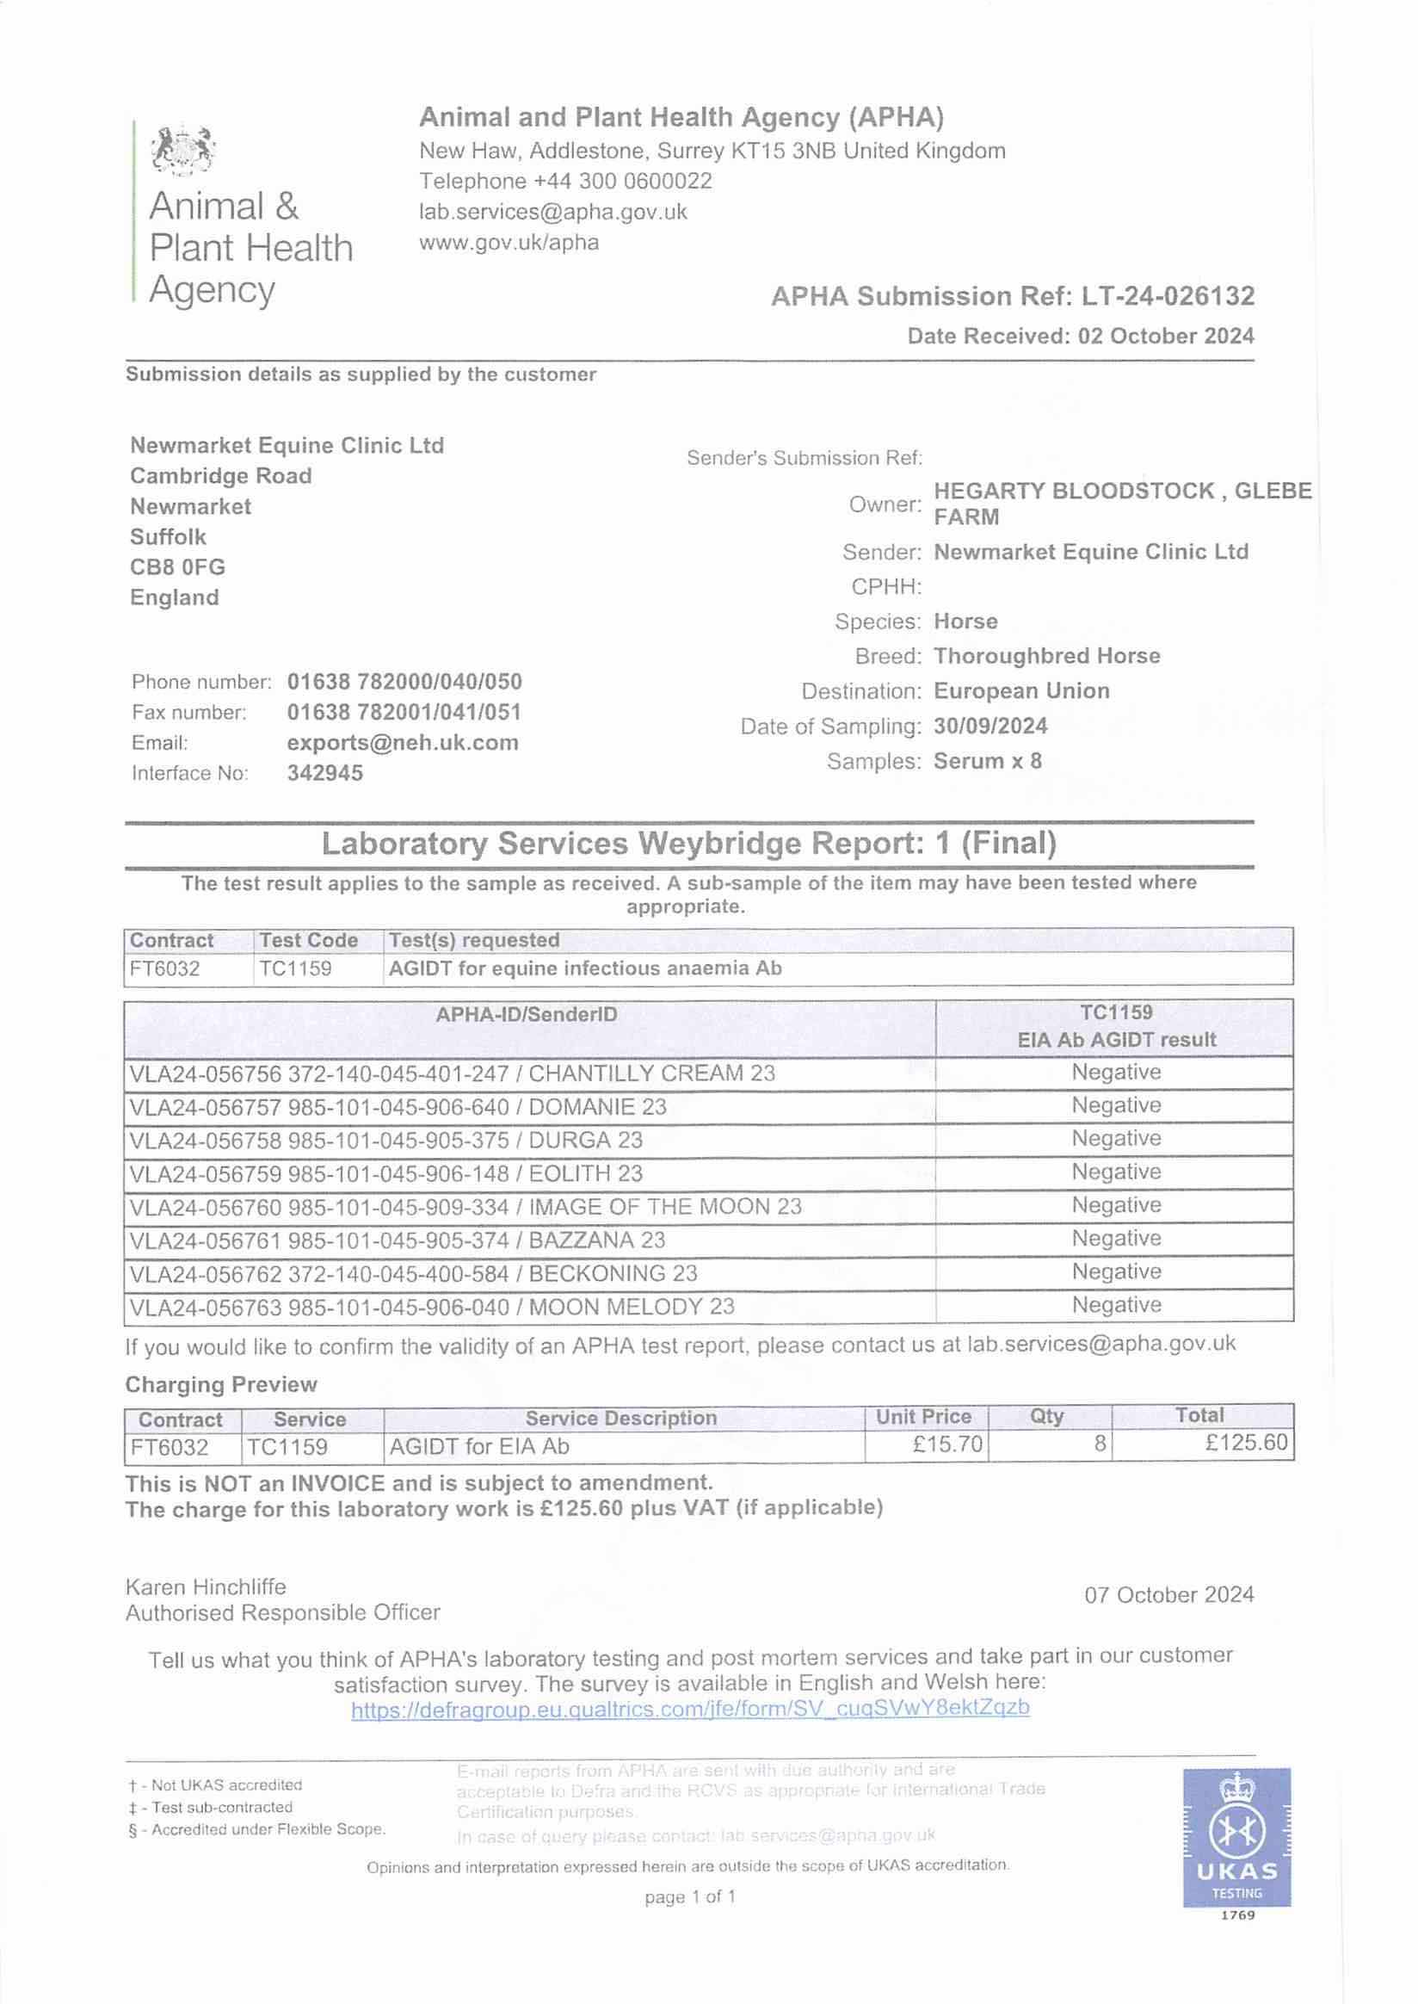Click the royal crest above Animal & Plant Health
[183, 150]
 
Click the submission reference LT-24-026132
[1168, 297]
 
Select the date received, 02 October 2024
[1166, 337]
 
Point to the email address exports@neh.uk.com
[403, 743]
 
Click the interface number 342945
[324, 773]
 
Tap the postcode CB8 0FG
[177, 567]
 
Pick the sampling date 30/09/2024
[990, 726]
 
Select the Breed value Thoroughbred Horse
[1046, 656]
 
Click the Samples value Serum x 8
[988, 761]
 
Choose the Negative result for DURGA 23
[1116, 1139]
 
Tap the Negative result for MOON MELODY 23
[1116, 1305]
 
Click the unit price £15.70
[947, 1444]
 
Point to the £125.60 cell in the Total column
[1246, 1443]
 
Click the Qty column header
[1046, 1417]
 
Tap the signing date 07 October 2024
[1168, 1595]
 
